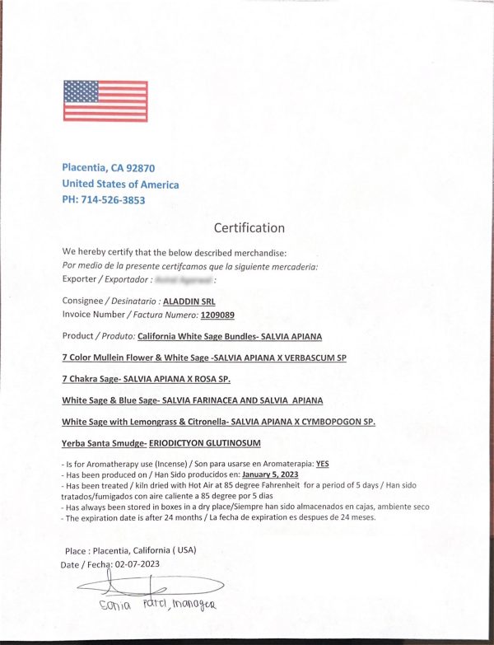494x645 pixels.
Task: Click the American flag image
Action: pyautogui.click(x=105, y=100)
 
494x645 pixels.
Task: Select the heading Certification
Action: pyautogui.click(x=249, y=228)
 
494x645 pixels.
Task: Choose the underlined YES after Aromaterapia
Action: pyautogui.click(x=322, y=463)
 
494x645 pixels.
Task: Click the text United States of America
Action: pyautogui.click(x=120, y=184)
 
